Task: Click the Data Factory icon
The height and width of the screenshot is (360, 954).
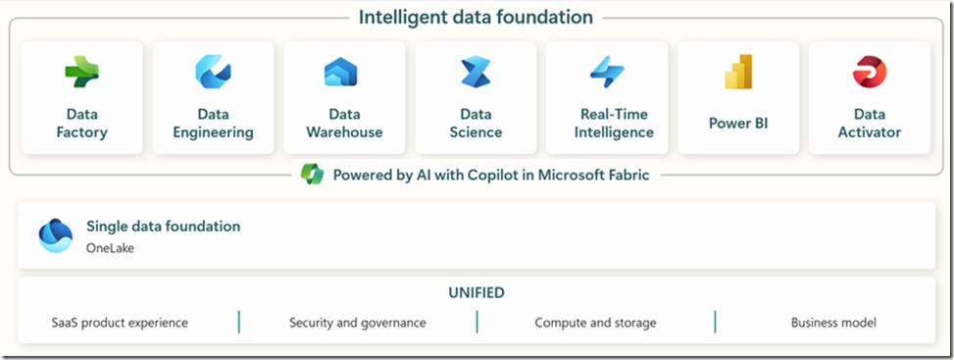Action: (82, 72)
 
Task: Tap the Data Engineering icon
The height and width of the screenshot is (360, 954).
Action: (213, 72)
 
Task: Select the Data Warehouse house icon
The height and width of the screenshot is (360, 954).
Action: (341, 73)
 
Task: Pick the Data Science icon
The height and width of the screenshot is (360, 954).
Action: (476, 72)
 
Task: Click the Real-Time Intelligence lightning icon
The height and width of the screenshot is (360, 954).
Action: (607, 72)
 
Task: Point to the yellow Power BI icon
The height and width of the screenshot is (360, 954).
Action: (737, 74)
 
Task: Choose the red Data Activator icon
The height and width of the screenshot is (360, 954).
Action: (869, 72)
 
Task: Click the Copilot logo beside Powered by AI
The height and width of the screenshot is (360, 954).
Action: (312, 176)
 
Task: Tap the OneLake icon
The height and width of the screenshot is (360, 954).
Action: (55, 235)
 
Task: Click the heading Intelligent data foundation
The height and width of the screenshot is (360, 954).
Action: (476, 18)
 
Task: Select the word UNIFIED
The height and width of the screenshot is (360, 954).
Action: (477, 292)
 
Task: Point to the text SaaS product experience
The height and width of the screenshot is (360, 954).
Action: (120, 322)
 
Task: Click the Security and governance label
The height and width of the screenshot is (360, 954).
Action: (357, 322)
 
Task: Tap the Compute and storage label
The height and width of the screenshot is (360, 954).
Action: (595, 322)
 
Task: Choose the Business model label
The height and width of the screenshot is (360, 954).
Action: (833, 322)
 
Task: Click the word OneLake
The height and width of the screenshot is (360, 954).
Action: (110, 248)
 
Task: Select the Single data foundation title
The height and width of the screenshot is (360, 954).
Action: (163, 227)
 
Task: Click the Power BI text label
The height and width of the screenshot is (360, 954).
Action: (737, 124)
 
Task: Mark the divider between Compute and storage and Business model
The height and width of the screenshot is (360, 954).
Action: (715, 322)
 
